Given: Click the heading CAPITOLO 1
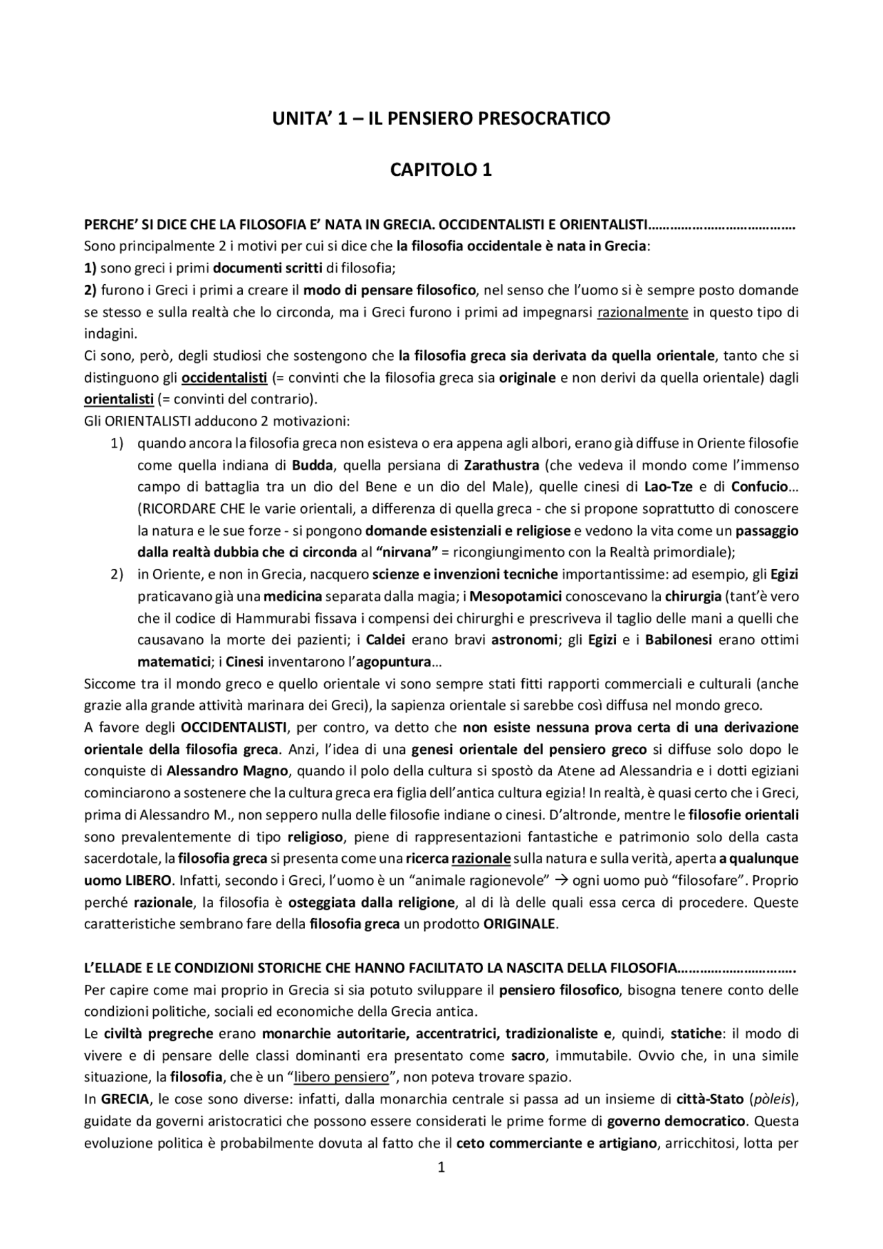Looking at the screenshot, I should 441,170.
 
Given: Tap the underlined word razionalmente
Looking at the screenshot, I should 642,312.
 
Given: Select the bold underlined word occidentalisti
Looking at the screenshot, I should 224,378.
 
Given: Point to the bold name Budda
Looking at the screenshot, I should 312,465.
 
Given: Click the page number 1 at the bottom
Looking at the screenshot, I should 441,1168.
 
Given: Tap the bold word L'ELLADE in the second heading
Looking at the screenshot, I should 114,968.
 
